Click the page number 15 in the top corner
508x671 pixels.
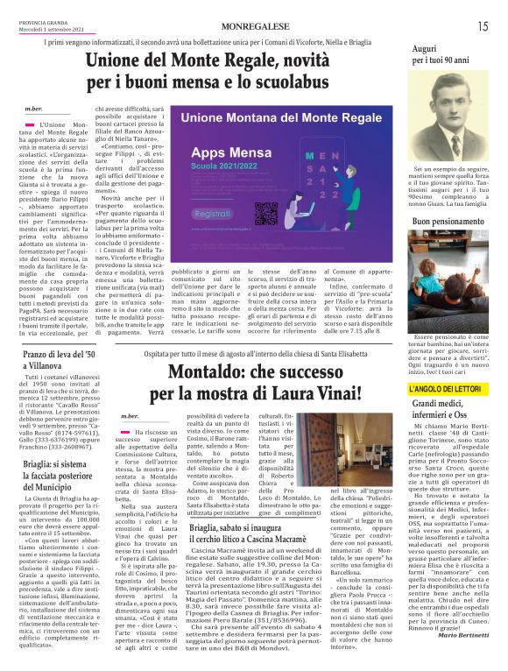point(483,26)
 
